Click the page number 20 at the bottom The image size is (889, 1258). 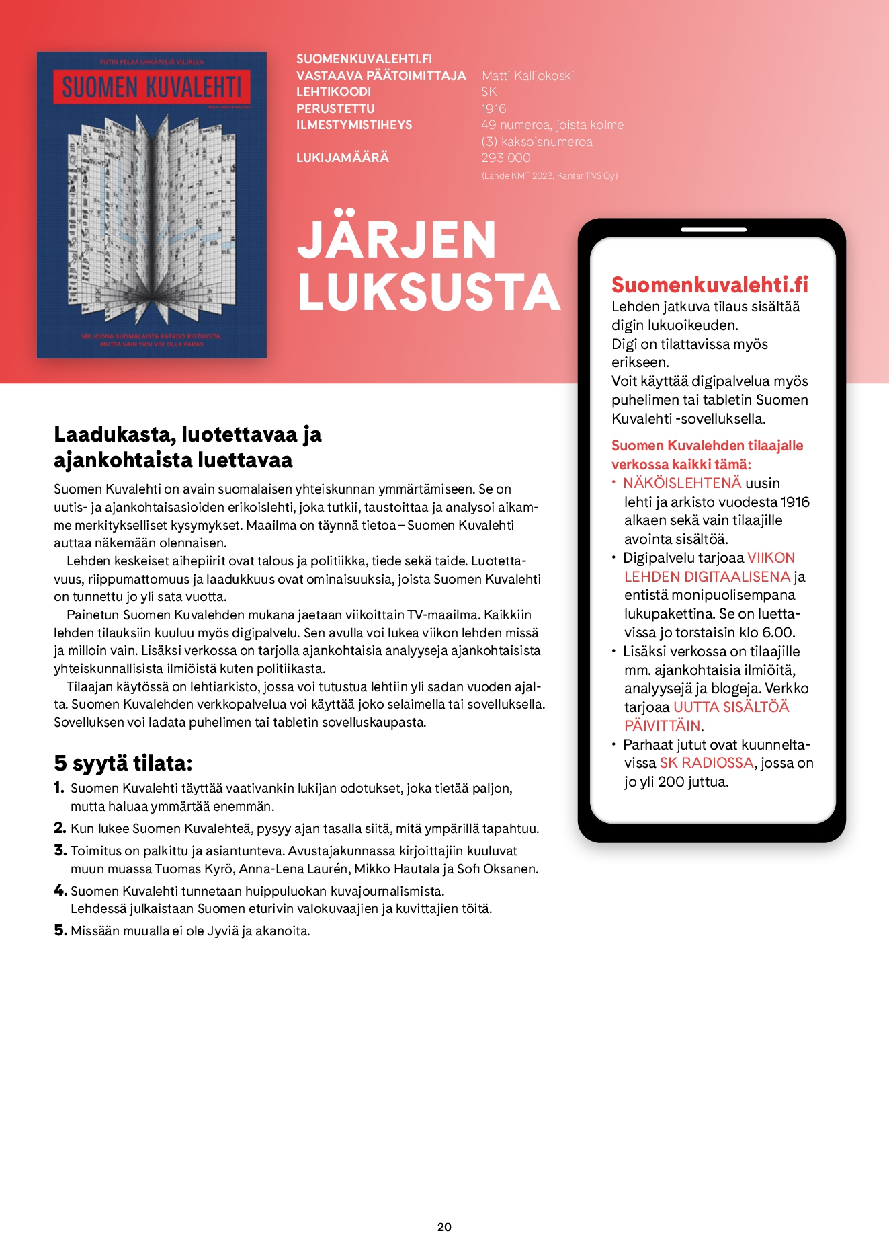444,1227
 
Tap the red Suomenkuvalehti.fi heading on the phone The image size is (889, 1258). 710,285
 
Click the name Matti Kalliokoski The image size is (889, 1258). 527,75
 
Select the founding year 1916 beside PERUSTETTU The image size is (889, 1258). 493,108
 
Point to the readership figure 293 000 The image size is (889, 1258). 505,158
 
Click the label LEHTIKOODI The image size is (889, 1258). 333,92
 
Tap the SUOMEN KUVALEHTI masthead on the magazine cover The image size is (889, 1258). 152,87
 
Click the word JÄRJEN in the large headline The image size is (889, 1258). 396,240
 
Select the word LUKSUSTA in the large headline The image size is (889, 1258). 429,292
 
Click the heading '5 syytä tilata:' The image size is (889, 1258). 123,763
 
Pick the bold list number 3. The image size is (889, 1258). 60,851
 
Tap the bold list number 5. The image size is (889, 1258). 60,931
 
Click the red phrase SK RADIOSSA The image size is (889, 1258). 706,763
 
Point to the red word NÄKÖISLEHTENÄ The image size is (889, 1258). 682,483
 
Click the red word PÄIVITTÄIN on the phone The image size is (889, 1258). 662,726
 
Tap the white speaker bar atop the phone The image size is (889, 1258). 713,229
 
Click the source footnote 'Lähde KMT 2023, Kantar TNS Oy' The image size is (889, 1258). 549,176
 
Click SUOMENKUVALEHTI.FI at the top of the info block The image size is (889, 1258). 364,59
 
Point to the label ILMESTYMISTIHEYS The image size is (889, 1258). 354,125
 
